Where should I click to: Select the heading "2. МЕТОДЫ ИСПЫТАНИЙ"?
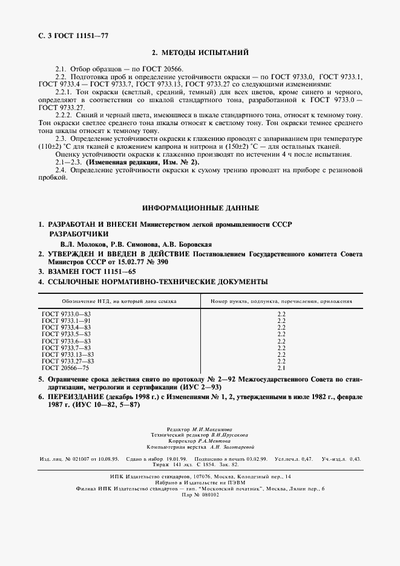(200, 54)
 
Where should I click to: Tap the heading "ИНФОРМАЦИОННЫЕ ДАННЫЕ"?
(200, 208)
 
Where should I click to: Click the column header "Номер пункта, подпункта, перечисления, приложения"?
(281, 301)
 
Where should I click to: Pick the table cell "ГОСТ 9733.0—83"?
(66, 314)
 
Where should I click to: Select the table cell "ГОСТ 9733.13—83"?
(68, 354)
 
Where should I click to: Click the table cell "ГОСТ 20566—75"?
(65, 368)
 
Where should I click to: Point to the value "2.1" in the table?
(281, 368)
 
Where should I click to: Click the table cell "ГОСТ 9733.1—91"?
(66, 321)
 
